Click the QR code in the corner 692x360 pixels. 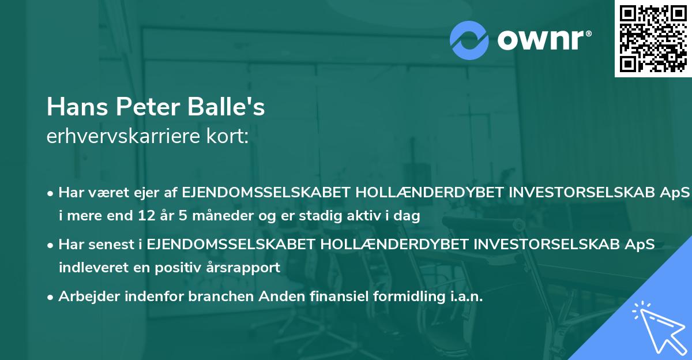[x=653, y=39]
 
